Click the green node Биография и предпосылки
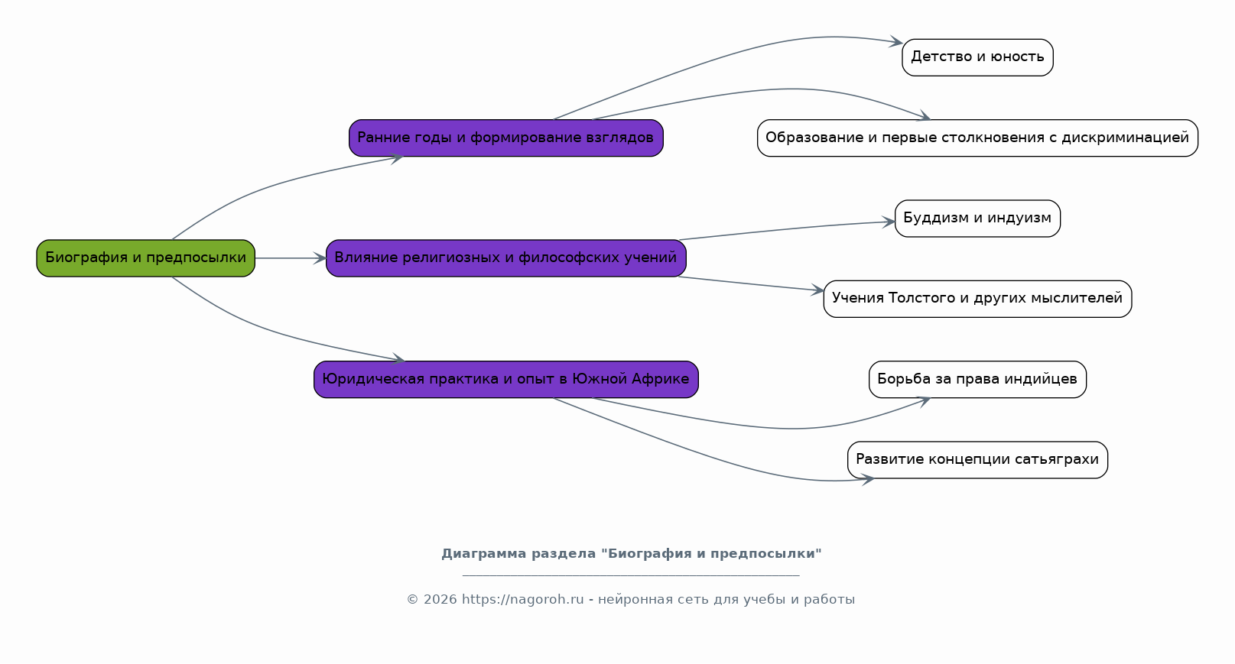coord(145,258)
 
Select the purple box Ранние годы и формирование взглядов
coord(506,138)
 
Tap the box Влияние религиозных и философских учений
coord(506,258)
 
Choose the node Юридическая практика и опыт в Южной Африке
coord(506,379)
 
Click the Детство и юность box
coord(977,57)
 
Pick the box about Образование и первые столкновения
coord(977,138)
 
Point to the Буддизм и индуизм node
coord(977,219)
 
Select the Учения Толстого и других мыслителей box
coord(977,299)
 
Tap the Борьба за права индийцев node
coord(977,379)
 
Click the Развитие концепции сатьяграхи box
coord(977,459)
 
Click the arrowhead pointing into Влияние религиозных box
coord(320,258)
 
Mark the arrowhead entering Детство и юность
coord(895,41)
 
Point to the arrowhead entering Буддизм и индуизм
coord(889,222)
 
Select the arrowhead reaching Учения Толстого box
coord(817,290)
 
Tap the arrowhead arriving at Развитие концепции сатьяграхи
coord(867,480)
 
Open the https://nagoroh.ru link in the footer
coord(522,600)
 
